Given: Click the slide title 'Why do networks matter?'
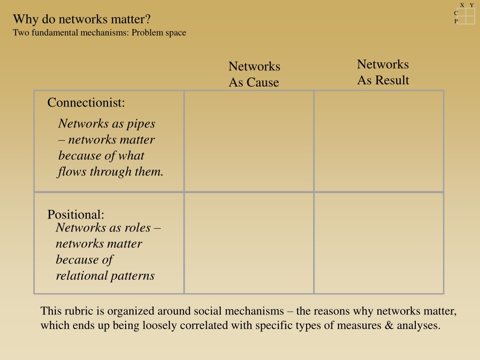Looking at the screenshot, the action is tap(82, 19).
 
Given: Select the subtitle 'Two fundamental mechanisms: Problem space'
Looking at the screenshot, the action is tap(99, 33).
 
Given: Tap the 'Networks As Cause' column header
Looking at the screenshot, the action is tap(254, 74).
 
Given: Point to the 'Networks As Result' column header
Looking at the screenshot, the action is tap(383, 72).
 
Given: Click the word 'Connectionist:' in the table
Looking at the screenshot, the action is tap(86, 103).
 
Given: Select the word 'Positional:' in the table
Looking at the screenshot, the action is tap(75, 214).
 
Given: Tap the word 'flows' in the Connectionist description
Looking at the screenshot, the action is tap(72, 172).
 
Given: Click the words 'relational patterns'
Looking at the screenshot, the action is tap(105, 276).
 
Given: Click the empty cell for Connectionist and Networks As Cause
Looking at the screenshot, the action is tap(249, 141).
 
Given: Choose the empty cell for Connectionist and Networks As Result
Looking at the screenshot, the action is tap(379, 141).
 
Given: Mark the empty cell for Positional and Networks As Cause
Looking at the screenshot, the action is tap(249, 243).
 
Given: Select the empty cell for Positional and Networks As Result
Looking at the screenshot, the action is tap(379, 243).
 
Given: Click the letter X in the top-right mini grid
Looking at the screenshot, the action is tap(462, 5).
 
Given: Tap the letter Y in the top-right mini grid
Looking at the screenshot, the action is tap(472, 5).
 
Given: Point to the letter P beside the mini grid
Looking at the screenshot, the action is tap(456, 21).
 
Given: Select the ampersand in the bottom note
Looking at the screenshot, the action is tap(389, 325).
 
